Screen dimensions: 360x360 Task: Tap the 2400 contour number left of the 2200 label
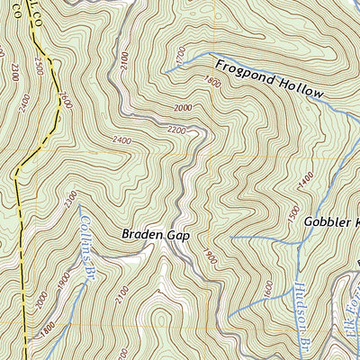(x=123, y=140)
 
